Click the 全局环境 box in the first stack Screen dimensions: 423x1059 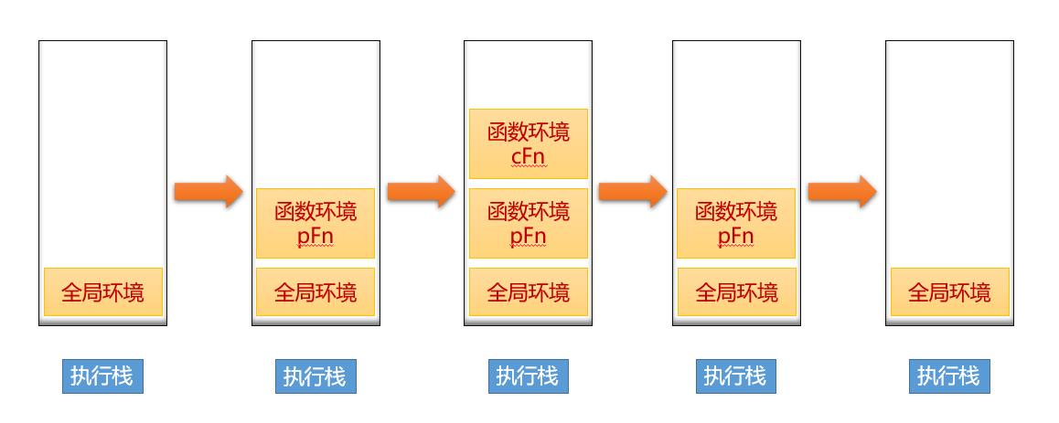[102, 292]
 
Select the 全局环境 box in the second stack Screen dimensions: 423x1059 [316, 292]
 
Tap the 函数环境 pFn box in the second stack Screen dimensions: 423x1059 [316, 224]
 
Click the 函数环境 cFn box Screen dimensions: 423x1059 [528, 144]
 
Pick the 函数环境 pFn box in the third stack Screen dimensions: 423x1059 [528, 224]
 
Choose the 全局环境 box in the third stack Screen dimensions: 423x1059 [528, 292]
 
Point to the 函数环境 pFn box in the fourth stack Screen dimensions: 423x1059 [736, 224]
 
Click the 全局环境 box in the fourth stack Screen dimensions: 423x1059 [736, 292]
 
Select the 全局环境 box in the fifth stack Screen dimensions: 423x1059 [949, 292]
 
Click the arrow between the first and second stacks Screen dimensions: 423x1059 [209, 192]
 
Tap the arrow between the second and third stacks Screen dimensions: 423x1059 [421, 192]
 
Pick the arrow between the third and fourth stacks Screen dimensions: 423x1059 [632, 192]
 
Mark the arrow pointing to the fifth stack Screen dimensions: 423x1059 [842, 192]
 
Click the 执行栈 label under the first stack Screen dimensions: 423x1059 [102, 375]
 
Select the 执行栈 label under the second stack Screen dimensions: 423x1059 [316, 375]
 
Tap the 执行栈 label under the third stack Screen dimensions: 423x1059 [528, 375]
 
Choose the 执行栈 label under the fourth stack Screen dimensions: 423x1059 [736, 375]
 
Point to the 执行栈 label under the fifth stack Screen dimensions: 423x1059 [949, 375]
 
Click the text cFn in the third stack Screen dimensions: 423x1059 [528, 157]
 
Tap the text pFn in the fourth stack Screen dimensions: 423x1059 [736, 237]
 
